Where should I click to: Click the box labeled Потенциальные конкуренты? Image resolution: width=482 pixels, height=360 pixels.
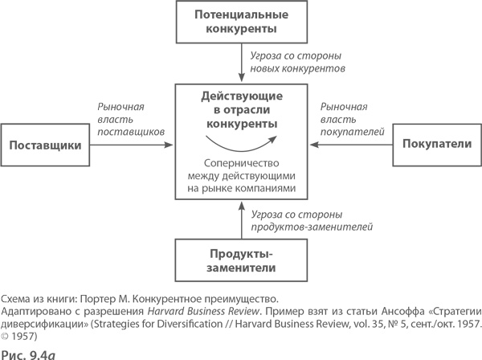[x=242, y=22]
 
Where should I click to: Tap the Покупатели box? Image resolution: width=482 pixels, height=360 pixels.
[x=435, y=145]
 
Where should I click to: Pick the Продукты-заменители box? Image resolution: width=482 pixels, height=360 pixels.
[x=242, y=261]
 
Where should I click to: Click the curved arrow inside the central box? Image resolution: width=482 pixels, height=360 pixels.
[x=241, y=142]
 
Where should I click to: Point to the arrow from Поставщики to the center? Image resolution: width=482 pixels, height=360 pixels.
[x=133, y=145]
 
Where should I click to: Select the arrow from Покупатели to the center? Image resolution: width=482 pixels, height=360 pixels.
[x=350, y=145]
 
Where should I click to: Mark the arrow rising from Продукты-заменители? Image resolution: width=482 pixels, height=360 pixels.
[x=242, y=220]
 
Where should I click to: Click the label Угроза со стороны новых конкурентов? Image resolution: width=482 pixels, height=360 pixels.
[x=297, y=62]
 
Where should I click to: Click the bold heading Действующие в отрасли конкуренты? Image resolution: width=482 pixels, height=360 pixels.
[x=241, y=110]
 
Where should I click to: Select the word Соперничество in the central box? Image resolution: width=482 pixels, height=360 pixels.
[x=242, y=160]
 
